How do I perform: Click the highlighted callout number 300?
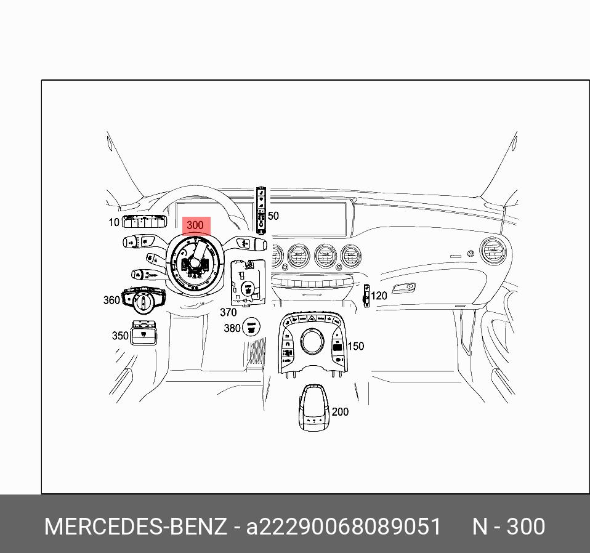coord(195,225)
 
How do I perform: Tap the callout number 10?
coord(114,222)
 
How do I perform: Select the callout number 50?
coord(273,216)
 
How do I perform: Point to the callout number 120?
coord(379,296)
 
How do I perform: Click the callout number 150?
coord(355,346)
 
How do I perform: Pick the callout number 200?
coord(340,412)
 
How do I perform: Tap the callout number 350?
coord(120,336)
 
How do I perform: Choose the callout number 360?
coord(111,301)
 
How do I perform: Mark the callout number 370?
coord(228,312)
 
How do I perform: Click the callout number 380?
coord(232,328)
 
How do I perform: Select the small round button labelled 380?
coord(251,327)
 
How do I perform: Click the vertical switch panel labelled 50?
coord(261,210)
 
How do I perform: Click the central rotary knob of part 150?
coord(312,341)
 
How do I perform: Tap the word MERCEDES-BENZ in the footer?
coord(135,527)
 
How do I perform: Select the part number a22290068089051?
coord(344,527)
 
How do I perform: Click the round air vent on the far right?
coord(493,251)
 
